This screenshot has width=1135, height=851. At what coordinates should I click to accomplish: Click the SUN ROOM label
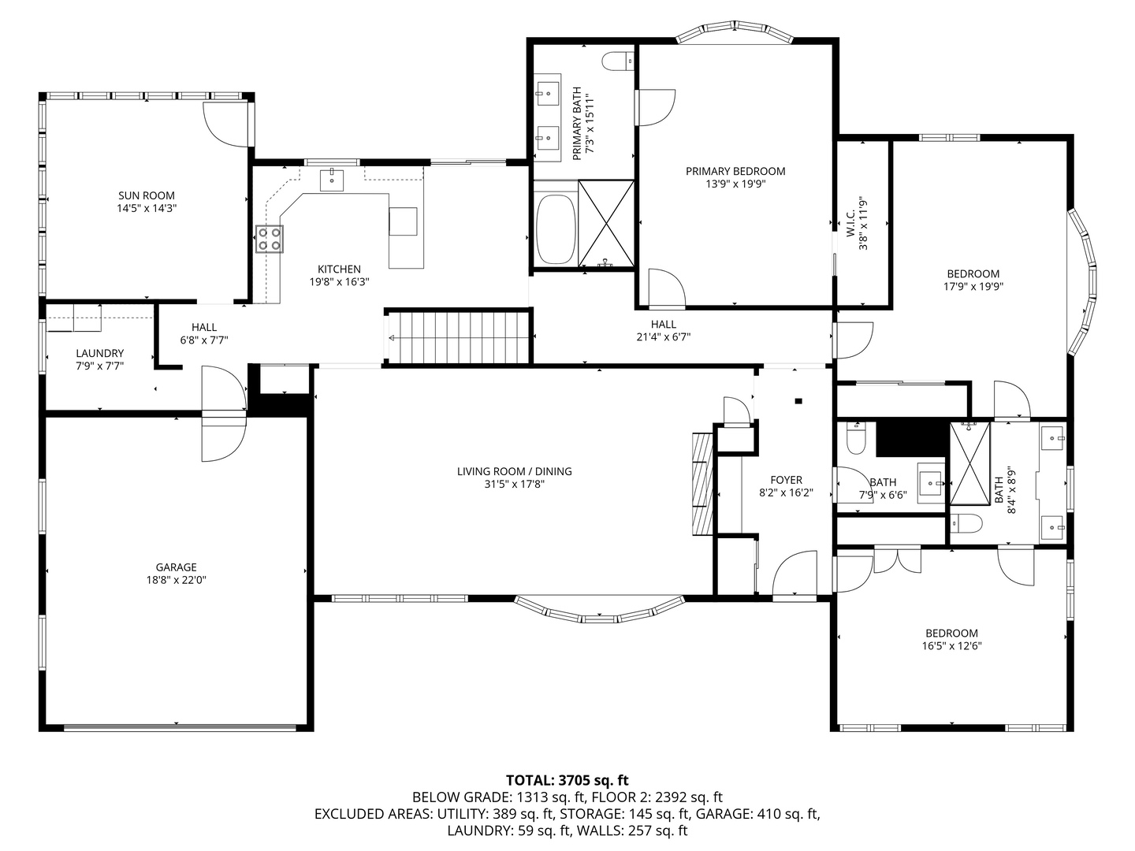click(147, 195)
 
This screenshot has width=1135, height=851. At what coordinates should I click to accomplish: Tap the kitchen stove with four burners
click(269, 240)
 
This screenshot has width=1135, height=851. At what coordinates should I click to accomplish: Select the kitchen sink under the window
click(332, 180)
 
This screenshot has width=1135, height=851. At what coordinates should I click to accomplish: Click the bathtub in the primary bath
click(556, 229)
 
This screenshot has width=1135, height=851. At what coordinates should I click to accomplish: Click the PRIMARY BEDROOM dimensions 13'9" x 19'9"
click(735, 184)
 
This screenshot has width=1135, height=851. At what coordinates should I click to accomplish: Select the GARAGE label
click(177, 567)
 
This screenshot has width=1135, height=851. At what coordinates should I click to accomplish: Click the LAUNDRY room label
click(100, 353)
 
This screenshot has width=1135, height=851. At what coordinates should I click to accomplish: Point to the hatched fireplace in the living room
click(702, 484)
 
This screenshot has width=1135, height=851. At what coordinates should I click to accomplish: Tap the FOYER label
click(786, 480)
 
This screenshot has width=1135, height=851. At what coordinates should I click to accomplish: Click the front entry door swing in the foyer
click(794, 574)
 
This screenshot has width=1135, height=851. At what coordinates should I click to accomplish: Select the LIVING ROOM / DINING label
click(514, 470)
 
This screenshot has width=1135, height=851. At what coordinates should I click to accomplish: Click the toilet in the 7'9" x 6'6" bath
click(855, 438)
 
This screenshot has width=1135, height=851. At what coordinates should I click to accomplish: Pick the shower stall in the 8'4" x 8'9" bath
click(970, 463)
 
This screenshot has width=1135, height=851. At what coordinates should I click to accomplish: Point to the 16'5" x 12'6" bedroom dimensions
click(951, 645)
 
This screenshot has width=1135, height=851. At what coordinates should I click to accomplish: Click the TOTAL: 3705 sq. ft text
click(567, 780)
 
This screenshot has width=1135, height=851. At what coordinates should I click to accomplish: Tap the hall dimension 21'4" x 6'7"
click(664, 337)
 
